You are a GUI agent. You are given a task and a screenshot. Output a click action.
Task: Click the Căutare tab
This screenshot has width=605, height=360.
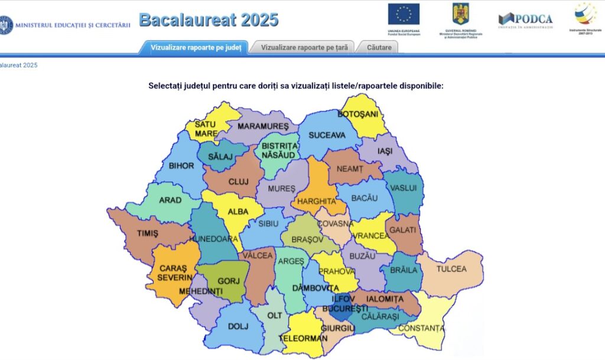[379, 47]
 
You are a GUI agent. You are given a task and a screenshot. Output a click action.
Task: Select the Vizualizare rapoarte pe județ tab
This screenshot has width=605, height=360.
[196, 47]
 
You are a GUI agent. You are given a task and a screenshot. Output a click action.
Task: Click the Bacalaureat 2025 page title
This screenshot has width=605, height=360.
[209, 20]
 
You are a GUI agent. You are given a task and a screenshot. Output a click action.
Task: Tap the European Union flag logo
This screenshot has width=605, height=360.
[404, 14]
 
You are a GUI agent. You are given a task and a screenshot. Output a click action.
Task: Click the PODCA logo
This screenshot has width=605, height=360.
[525, 20]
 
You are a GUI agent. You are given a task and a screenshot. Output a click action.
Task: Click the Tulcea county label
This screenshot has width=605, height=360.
[451, 269]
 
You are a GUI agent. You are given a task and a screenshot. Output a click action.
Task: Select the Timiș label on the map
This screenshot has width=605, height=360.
[148, 233]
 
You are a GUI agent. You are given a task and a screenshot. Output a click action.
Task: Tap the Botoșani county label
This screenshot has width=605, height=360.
[358, 114]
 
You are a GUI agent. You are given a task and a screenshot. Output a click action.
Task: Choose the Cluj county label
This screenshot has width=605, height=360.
[239, 182]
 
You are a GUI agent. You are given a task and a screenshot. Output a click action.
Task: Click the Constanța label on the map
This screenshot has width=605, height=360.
[421, 328]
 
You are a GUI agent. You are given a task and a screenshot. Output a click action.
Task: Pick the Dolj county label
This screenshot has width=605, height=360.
[238, 326]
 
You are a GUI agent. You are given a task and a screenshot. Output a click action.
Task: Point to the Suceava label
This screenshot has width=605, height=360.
[327, 135]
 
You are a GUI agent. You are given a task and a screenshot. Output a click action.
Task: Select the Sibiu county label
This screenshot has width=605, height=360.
[268, 223]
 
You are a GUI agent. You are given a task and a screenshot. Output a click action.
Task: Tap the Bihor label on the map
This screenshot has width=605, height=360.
[181, 166]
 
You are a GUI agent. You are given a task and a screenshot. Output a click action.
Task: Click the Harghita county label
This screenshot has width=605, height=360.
[317, 202]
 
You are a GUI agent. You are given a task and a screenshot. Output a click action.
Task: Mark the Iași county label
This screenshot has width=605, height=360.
[385, 151]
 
